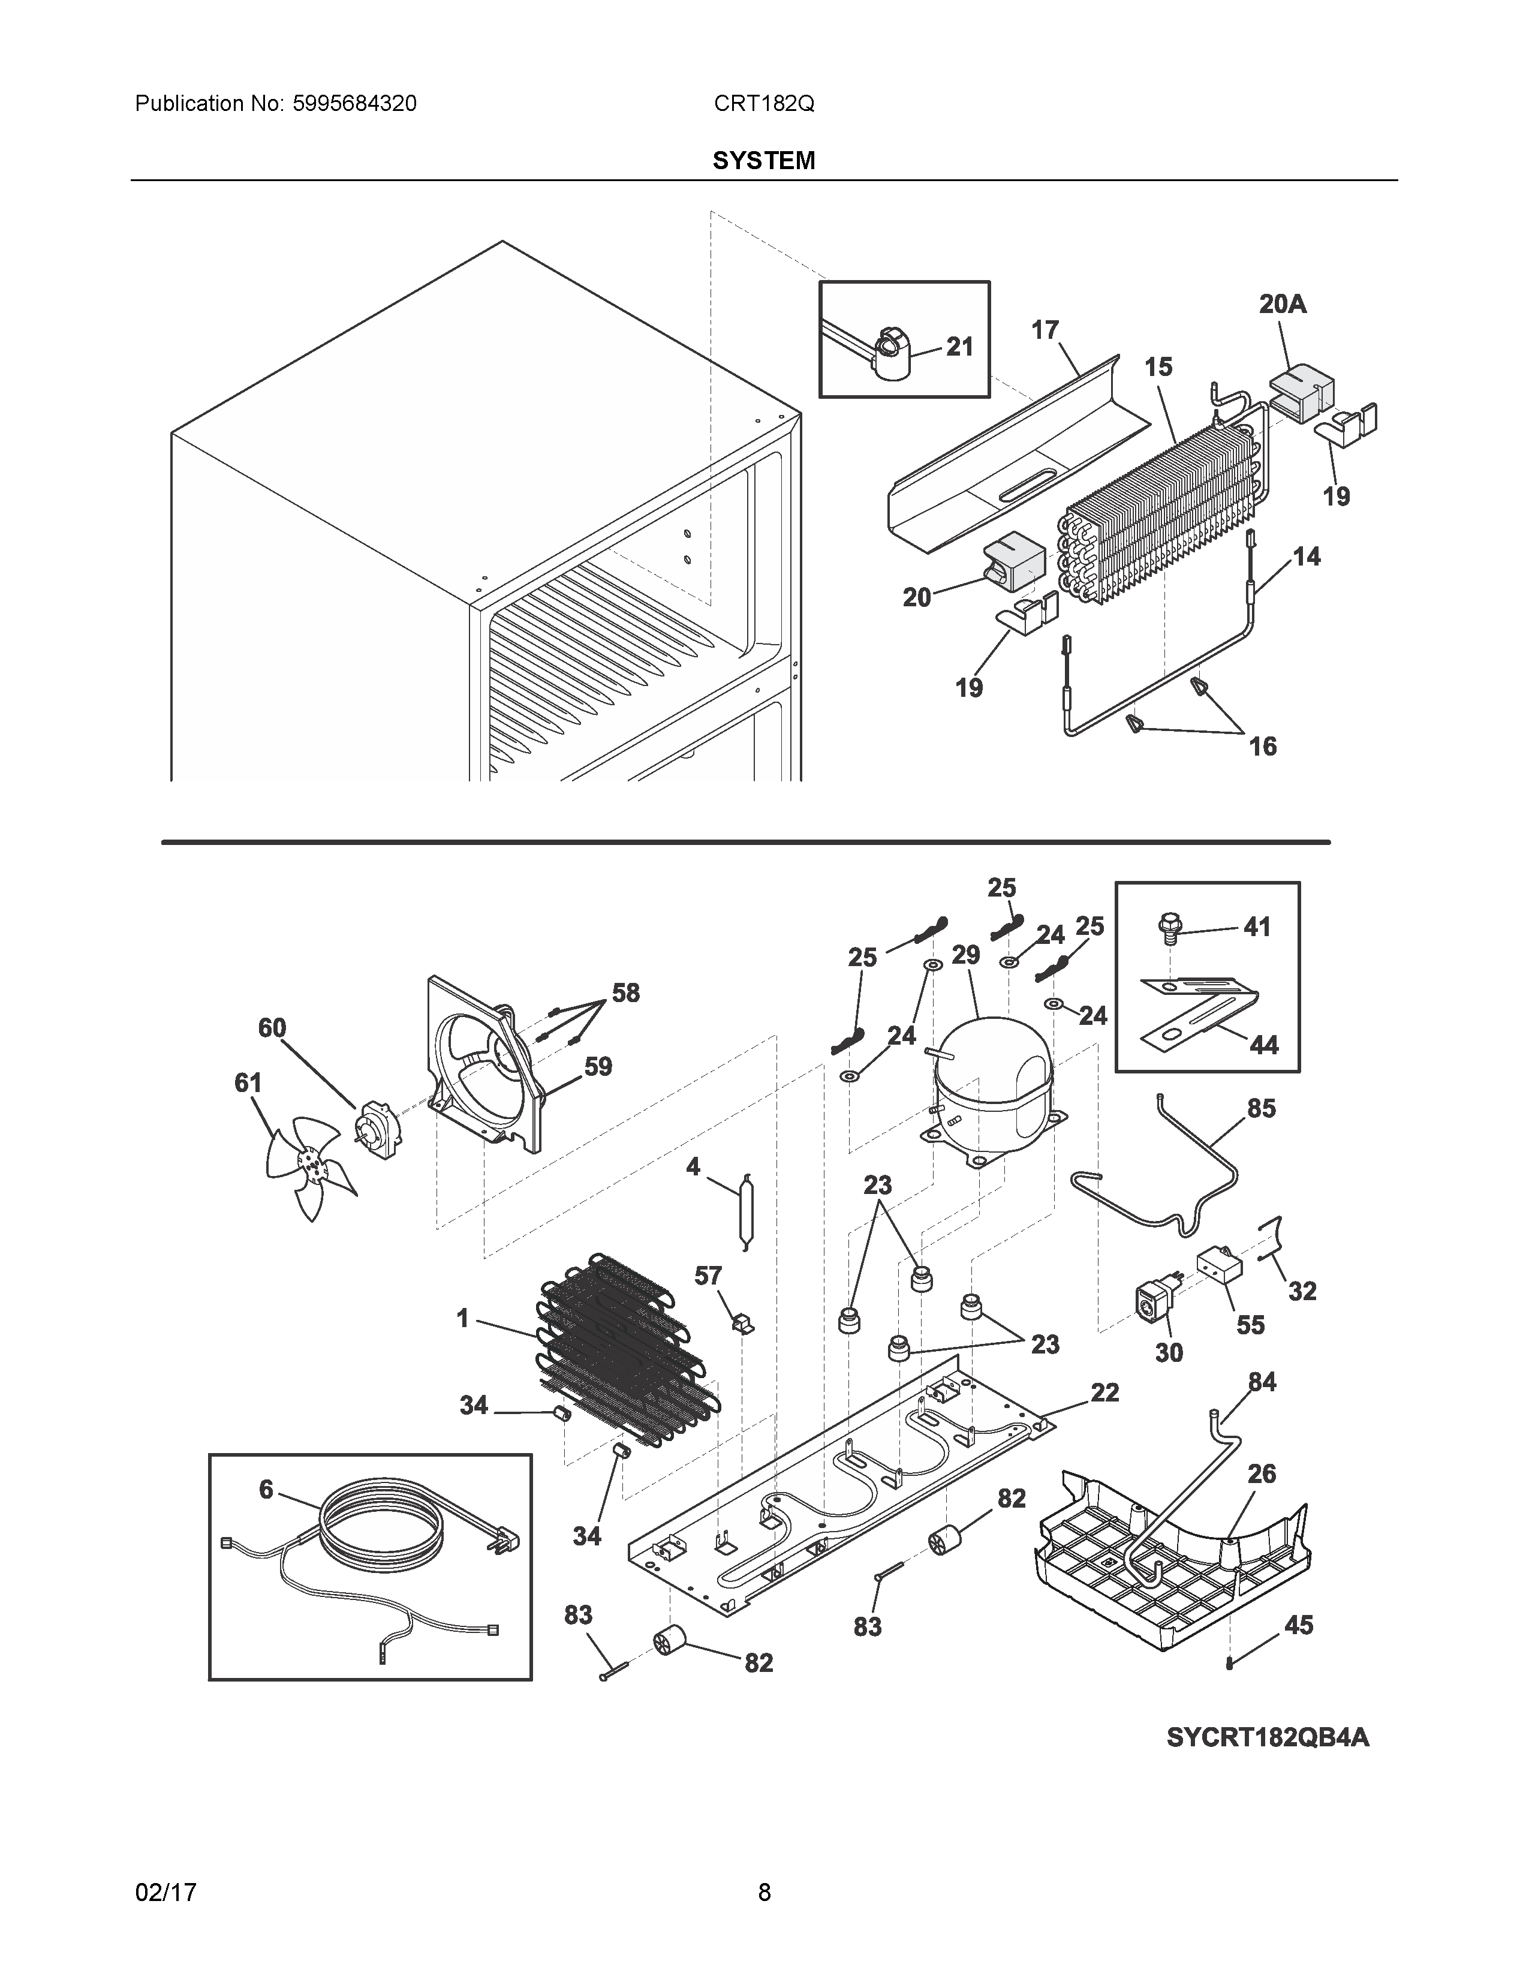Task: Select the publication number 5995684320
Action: pyautogui.click(x=354, y=104)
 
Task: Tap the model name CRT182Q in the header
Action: pyautogui.click(x=763, y=104)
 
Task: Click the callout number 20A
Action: pyautogui.click(x=1283, y=305)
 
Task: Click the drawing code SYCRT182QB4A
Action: pyautogui.click(x=1267, y=1737)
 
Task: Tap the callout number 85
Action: pyautogui.click(x=1261, y=1108)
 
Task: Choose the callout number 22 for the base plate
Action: pyautogui.click(x=1104, y=1392)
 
